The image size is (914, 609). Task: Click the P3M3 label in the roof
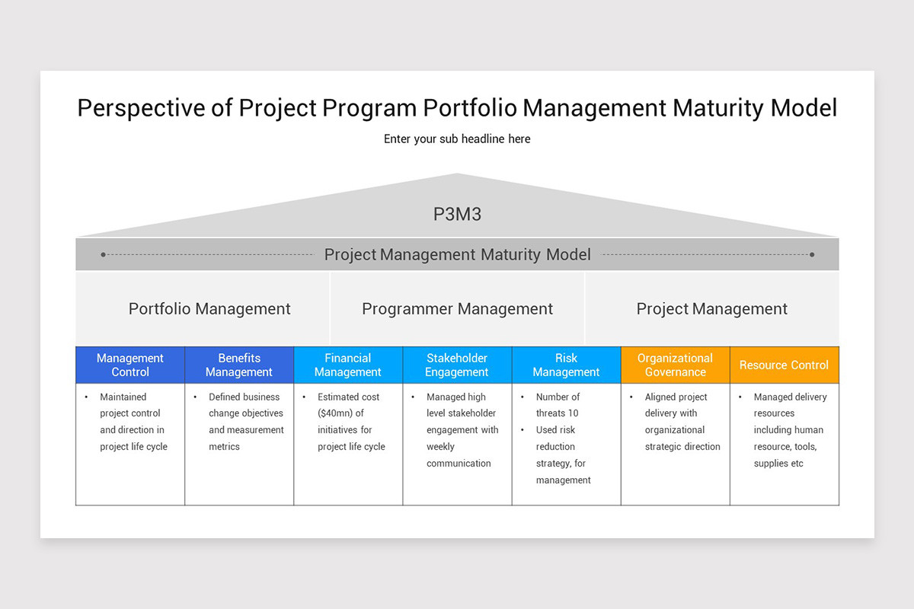click(x=457, y=214)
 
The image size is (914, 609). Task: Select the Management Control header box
click(x=130, y=365)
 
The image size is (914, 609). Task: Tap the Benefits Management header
click(x=239, y=365)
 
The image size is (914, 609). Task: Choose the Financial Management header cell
click(x=348, y=365)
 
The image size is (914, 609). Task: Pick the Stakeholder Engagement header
click(x=457, y=365)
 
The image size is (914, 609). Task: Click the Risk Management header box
click(x=566, y=365)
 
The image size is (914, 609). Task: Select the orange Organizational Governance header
click(x=675, y=365)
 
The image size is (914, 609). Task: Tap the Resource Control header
click(x=784, y=365)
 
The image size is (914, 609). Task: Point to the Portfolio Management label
click(x=209, y=308)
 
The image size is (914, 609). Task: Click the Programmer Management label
click(x=457, y=308)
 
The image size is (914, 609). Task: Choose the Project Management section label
click(x=711, y=308)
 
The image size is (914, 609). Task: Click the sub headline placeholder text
click(x=457, y=139)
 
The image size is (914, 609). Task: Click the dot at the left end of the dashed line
click(x=104, y=254)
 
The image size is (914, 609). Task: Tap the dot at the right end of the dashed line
click(x=812, y=254)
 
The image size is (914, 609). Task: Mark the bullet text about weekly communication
click(x=462, y=430)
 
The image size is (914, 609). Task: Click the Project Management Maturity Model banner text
click(x=457, y=254)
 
